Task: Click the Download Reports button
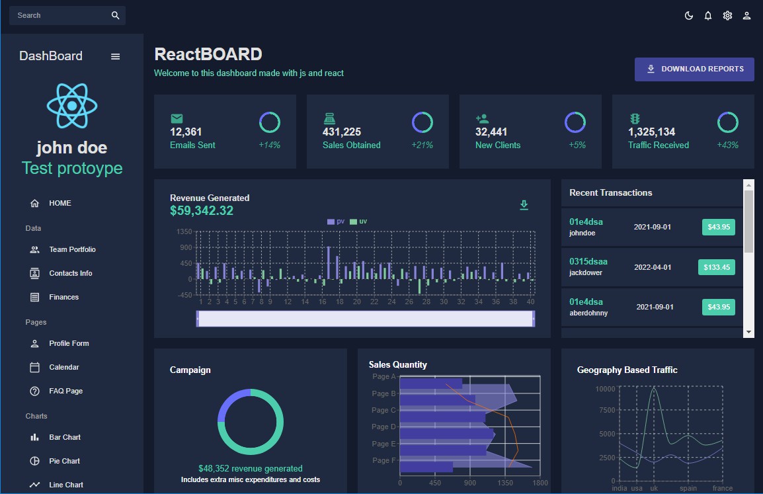[x=694, y=69]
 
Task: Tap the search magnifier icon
[x=116, y=15]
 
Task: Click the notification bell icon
[x=708, y=16]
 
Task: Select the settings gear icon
[x=727, y=16]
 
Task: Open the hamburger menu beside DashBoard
[x=116, y=57]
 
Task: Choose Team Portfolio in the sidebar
[x=72, y=249]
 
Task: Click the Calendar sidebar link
[x=63, y=367]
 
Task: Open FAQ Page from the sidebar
[x=65, y=391]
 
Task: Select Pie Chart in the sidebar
[x=64, y=461]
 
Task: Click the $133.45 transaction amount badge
[x=717, y=267]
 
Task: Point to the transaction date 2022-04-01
[x=653, y=267]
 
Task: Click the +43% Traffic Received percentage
[x=727, y=145]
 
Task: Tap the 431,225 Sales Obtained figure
[x=342, y=132]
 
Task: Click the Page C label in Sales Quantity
[x=384, y=410]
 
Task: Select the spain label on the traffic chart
[x=688, y=488]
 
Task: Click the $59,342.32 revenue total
[x=202, y=211]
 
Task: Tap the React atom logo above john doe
[x=72, y=106]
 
